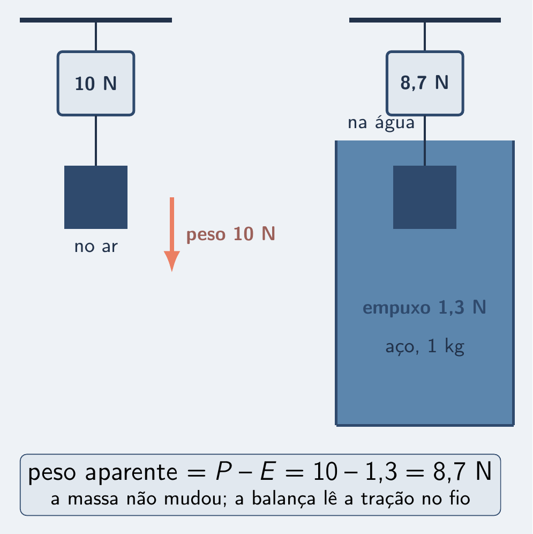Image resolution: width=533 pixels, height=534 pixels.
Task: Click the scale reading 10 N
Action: coord(96,84)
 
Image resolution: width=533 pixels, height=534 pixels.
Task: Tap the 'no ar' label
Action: coord(96,247)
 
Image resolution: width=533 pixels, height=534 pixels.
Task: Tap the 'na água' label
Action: coord(381,123)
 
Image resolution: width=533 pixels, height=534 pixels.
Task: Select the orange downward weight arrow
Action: coord(172,234)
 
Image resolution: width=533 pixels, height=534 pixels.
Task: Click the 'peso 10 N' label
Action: coord(230,234)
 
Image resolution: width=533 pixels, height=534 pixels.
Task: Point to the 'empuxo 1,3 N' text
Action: coord(424,308)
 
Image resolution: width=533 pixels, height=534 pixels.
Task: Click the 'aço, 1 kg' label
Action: coord(425,347)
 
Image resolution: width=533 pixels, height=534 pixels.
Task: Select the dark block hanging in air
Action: coord(96,197)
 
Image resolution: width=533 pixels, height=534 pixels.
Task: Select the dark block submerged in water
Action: coord(425,197)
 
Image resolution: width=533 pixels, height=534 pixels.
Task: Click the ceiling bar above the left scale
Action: coord(96,20)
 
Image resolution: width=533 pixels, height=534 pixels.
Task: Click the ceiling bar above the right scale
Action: coord(425,20)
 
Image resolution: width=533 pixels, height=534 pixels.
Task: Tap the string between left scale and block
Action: coord(96,140)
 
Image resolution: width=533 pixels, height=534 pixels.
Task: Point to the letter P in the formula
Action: coord(223,472)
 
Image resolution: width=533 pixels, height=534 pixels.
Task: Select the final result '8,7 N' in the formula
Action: coord(462,472)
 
